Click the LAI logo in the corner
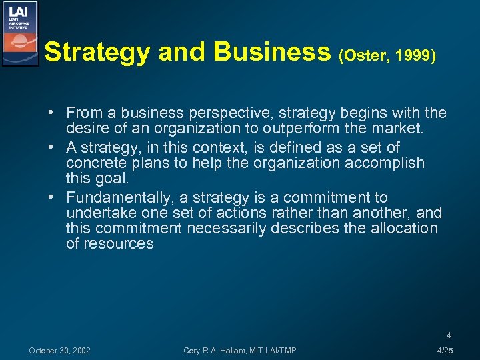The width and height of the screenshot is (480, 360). pyautogui.click(x=20, y=33)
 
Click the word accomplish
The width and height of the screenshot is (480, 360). pyautogui.click(x=385, y=163)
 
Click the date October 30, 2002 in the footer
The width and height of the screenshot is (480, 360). pyautogui.click(x=60, y=350)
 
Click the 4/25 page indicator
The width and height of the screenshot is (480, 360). pyautogui.click(x=445, y=350)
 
